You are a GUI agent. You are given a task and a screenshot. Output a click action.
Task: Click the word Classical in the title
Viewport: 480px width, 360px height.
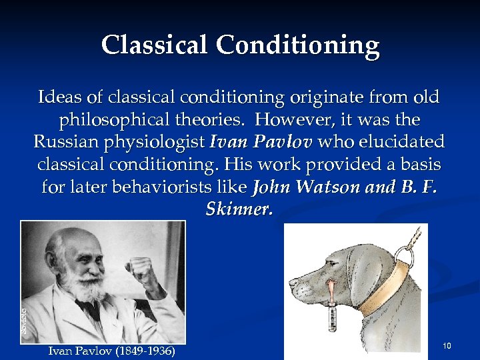155,45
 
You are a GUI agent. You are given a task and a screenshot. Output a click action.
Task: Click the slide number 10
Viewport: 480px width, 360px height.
447,345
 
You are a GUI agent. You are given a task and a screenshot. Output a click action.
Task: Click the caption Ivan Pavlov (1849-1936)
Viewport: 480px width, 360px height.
112,349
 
